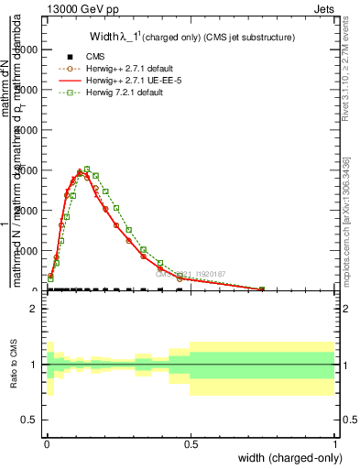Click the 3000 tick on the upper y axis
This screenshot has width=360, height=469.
pos(27,170)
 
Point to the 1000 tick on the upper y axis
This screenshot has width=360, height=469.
pos(27,250)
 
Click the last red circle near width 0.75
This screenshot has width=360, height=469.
pos(262,289)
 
